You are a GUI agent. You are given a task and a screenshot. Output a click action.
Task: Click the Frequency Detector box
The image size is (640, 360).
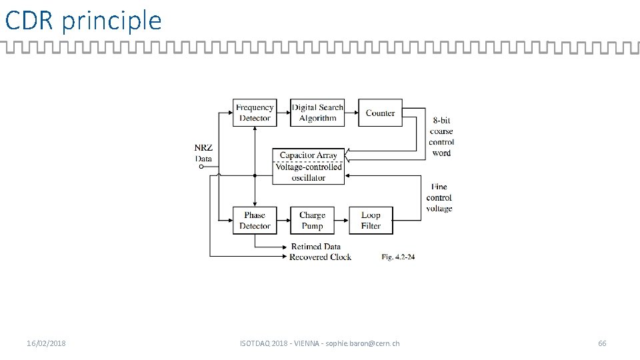(x=255, y=113)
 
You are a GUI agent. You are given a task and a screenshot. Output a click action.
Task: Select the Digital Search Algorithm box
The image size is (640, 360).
(x=317, y=113)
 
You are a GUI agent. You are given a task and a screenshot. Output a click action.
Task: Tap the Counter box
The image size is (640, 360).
(x=380, y=113)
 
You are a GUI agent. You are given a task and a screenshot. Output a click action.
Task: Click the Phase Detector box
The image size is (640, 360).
(x=255, y=221)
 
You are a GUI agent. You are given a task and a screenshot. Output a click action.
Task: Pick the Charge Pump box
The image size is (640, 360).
(x=312, y=221)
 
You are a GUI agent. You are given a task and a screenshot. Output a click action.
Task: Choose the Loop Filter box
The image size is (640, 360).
(x=371, y=221)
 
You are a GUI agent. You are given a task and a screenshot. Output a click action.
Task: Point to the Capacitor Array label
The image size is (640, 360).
(x=309, y=155)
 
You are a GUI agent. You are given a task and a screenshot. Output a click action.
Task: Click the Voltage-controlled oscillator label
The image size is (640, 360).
(x=309, y=172)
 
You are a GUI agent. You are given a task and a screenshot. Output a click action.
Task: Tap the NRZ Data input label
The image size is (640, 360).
(x=203, y=153)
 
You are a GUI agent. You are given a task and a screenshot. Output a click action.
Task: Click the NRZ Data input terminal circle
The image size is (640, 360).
(x=201, y=167)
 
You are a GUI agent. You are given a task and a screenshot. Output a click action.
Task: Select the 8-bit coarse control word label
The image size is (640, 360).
(x=441, y=137)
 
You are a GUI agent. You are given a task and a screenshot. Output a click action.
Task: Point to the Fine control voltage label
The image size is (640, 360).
(x=439, y=197)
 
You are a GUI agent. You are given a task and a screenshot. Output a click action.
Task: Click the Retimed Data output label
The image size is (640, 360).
(x=316, y=247)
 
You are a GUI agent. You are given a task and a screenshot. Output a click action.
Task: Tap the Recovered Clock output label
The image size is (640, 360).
(x=321, y=257)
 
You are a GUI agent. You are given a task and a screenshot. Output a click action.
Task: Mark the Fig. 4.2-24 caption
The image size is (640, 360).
(x=398, y=257)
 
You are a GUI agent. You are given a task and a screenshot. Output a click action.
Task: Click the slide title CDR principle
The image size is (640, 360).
(x=83, y=21)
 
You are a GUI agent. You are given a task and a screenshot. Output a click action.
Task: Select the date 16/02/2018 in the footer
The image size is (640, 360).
(x=46, y=343)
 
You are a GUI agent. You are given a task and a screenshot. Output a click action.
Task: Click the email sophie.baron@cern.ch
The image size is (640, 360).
(x=363, y=343)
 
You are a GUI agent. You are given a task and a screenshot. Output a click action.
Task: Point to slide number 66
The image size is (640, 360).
(x=602, y=343)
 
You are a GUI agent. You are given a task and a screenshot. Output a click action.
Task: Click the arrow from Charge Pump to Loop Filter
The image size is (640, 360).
(x=341, y=221)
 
